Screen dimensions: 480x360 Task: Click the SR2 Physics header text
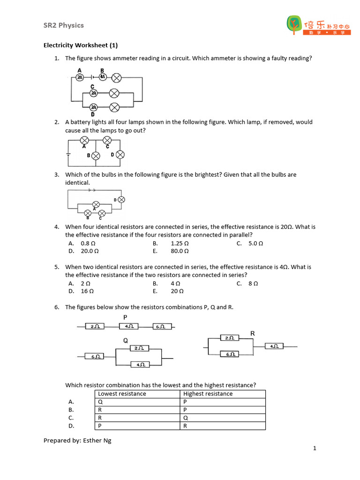[x=64, y=25]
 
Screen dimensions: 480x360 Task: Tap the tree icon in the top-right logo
[x=294, y=24]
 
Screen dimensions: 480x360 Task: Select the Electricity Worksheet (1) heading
[x=81, y=45]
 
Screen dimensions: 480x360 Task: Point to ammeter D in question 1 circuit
[x=94, y=107]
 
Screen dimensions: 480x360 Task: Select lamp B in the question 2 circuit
[x=96, y=155]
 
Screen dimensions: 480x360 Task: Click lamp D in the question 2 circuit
[x=120, y=155]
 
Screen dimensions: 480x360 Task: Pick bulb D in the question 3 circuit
[x=121, y=200]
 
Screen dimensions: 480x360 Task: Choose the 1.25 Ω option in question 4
[x=180, y=243]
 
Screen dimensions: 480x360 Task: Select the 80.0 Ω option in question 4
[x=180, y=251]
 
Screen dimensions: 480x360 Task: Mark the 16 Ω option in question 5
[x=87, y=291]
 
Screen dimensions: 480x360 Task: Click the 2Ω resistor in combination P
[x=95, y=326]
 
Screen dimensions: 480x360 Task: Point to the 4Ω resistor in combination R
[x=274, y=346]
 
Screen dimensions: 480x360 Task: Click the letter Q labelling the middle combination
[x=126, y=341]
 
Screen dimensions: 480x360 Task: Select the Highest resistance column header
[x=208, y=394]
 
